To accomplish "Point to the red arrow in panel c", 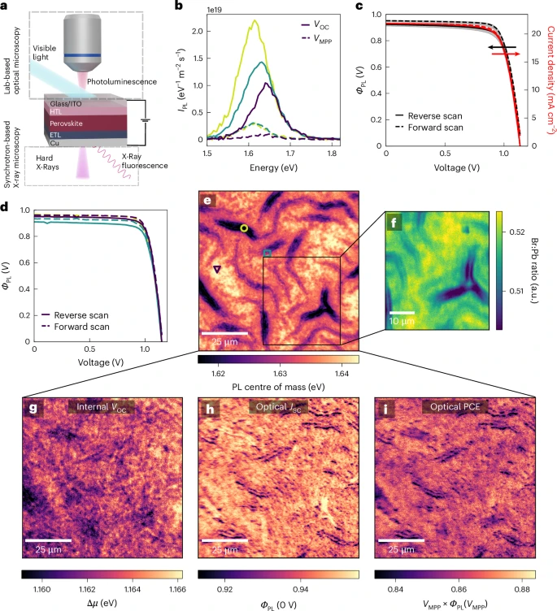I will (x=504, y=53).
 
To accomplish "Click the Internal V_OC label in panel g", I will (x=102, y=407).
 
